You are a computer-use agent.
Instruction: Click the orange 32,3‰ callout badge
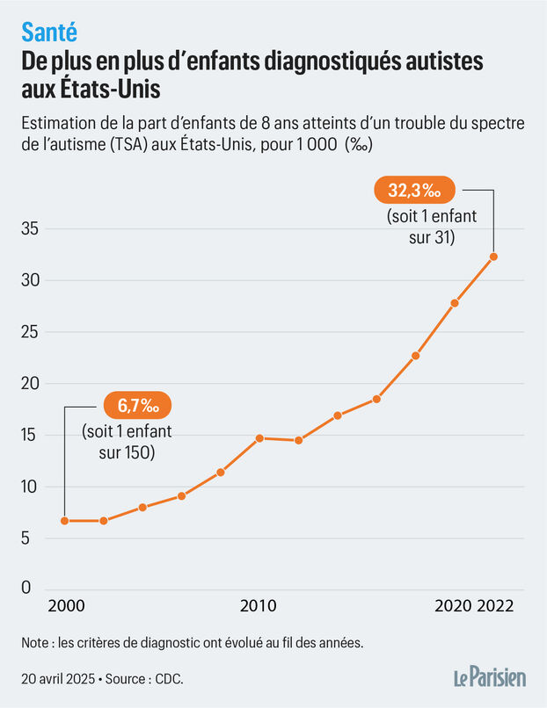click(414, 189)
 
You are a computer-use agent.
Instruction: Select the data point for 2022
click(493, 256)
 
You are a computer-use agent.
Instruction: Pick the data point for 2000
click(64, 521)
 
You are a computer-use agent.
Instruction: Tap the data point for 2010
click(259, 437)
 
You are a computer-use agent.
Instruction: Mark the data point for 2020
click(455, 303)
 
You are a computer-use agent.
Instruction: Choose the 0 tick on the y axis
click(27, 589)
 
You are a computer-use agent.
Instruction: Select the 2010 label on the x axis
click(259, 606)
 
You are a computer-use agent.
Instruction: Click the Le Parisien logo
click(489, 677)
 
